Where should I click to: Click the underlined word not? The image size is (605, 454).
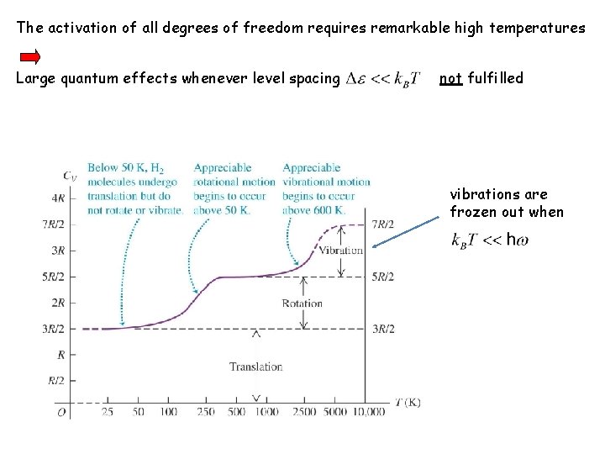450,78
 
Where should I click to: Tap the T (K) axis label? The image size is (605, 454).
406,402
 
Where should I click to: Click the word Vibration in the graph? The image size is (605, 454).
342,250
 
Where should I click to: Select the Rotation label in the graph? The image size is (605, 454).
302,304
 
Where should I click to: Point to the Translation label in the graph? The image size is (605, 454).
255,367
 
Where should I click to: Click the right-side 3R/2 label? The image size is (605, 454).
384,329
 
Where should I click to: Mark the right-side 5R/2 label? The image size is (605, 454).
384,277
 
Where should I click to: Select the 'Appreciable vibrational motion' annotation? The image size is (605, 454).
326,188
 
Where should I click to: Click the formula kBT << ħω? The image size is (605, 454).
489,240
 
